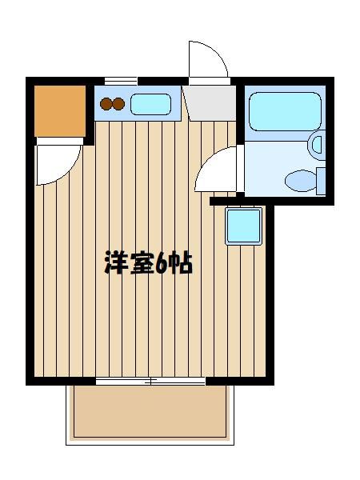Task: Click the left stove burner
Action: (106, 104)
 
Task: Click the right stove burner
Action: (118, 104)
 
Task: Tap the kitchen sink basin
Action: (150, 104)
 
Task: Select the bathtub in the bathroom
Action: (286, 111)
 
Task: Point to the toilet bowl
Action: (301, 181)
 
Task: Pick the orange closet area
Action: (60, 111)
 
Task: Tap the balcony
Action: (150, 414)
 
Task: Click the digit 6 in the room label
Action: (161, 263)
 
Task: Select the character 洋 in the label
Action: (116, 262)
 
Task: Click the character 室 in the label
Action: (142, 262)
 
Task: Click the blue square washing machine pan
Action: (244, 226)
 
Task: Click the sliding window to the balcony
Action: (150, 381)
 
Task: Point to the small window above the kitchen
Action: (121, 81)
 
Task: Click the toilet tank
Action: (321, 181)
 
